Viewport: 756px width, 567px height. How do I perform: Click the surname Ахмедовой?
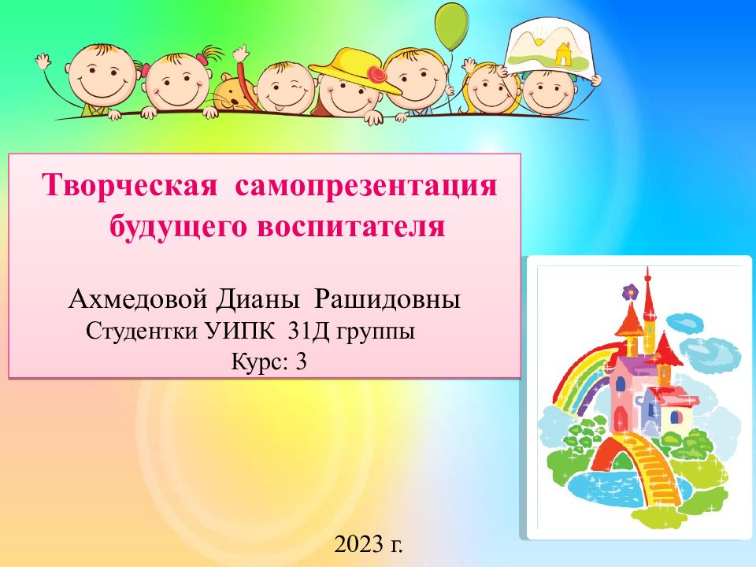pyautogui.click(x=139, y=299)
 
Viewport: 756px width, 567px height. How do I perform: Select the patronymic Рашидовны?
pyautogui.click(x=387, y=299)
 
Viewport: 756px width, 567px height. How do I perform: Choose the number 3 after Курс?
pyautogui.click(x=301, y=361)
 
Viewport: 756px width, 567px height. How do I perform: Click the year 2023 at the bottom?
pyautogui.click(x=359, y=544)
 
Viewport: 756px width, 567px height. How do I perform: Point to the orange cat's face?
pyautogui.click(x=232, y=94)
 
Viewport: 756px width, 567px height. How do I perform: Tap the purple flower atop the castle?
pyautogui.click(x=630, y=291)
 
